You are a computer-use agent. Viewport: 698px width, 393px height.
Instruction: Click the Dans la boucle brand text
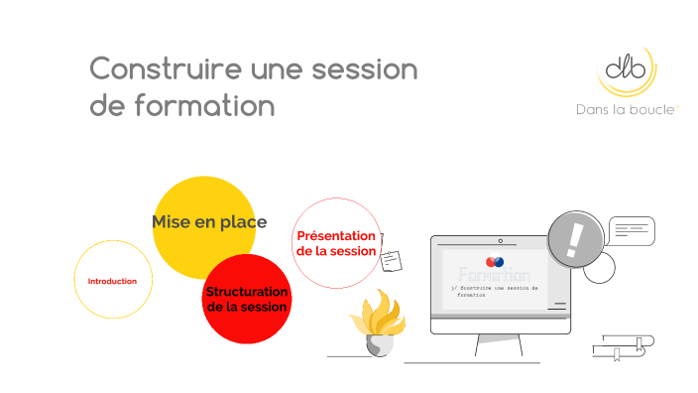(x=627, y=109)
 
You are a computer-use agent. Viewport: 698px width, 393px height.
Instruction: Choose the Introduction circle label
(x=112, y=281)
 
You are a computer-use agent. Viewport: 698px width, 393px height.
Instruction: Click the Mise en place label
(x=209, y=222)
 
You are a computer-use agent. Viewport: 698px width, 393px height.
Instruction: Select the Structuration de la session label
(x=246, y=300)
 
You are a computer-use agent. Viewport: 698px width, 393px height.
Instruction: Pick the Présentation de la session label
(x=336, y=243)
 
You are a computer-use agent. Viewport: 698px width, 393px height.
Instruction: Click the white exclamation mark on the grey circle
(x=576, y=239)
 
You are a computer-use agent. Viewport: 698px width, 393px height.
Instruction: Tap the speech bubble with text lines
(x=631, y=231)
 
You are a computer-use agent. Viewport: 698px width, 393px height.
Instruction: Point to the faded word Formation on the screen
(x=494, y=275)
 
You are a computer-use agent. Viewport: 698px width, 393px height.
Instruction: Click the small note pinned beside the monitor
(x=392, y=259)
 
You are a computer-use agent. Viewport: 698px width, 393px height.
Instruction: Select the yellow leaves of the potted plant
(x=377, y=315)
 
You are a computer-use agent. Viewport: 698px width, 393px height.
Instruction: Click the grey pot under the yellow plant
(x=378, y=344)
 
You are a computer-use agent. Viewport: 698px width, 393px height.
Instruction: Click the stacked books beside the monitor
(x=623, y=348)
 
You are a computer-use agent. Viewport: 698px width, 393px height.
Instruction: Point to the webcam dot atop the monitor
(x=500, y=240)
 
